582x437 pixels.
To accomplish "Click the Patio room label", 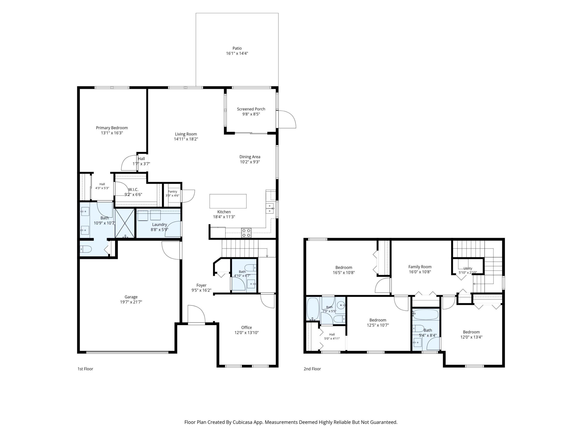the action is click(237, 48).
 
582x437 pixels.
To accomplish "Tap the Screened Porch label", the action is click(251, 109).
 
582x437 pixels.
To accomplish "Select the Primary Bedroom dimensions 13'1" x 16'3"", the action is click(112, 133).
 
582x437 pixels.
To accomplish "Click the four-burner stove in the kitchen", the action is click(246, 233).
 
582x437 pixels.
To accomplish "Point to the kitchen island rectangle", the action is click(228, 201).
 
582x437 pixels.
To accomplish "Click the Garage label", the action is click(131, 297).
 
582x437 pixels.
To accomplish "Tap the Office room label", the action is click(247, 327).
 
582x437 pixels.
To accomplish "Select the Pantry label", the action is click(173, 192).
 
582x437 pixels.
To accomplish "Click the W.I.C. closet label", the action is click(133, 189).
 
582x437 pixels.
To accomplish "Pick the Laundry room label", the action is click(159, 224).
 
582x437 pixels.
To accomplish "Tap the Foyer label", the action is click(201, 285).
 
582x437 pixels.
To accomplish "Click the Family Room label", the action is click(420, 267).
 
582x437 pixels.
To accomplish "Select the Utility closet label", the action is click(468, 268).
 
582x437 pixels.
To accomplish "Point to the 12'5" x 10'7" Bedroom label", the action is click(378, 320).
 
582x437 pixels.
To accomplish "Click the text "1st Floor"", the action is click(85, 369).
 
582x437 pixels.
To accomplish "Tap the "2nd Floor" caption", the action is click(312, 369).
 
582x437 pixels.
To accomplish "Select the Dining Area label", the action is click(250, 157).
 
